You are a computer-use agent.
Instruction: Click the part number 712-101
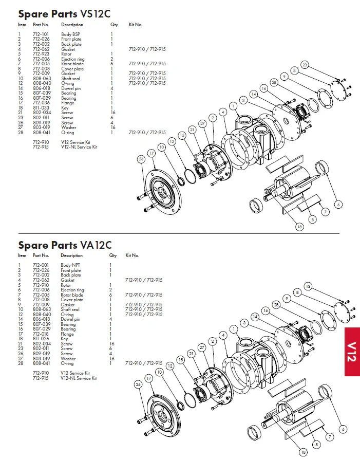41,34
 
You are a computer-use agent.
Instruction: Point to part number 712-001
41,265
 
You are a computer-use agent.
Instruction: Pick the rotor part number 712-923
41,54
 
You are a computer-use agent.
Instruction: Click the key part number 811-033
41,108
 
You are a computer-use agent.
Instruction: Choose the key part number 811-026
41,339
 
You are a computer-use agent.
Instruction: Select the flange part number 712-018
41,334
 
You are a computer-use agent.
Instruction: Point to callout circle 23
305,65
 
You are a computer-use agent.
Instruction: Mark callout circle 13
308,286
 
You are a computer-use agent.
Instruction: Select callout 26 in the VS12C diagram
141,159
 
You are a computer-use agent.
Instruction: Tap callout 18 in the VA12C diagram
303,452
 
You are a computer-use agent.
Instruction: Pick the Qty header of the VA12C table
113,255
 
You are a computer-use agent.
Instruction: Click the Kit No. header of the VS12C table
135,25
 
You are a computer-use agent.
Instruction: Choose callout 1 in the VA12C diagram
234,329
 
